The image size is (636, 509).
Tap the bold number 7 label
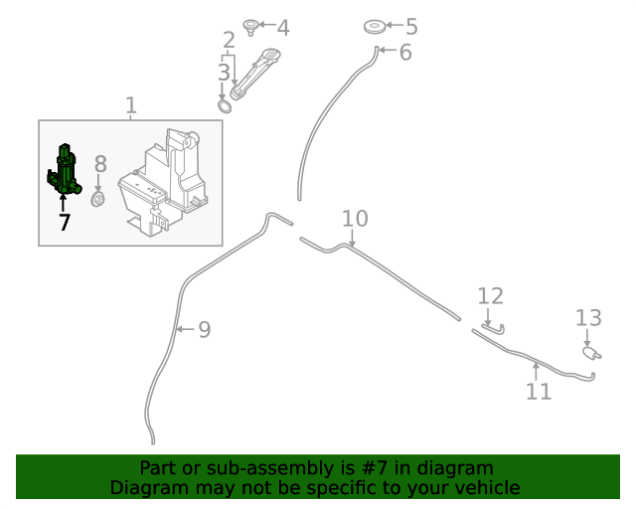pyautogui.click(x=65, y=223)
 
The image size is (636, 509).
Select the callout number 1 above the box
pyautogui.click(x=131, y=104)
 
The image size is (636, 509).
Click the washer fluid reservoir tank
pyautogui.click(x=164, y=184)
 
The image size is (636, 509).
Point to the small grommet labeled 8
pyautogui.click(x=98, y=200)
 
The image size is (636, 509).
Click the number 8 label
pyautogui.click(x=99, y=164)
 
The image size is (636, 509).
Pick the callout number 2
pyautogui.click(x=229, y=41)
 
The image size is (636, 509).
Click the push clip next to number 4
pyautogui.click(x=251, y=26)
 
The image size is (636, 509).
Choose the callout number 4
pyautogui.click(x=282, y=28)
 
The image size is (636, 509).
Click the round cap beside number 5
pyautogui.click(x=376, y=26)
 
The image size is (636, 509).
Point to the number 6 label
pyautogui.click(x=404, y=52)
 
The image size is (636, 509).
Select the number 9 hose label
pyautogui.click(x=204, y=329)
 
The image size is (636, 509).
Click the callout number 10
pyautogui.click(x=355, y=219)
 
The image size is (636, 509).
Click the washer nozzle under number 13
pyautogui.click(x=590, y=351)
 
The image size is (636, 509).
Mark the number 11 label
pyautogui.click(x=538, y=392)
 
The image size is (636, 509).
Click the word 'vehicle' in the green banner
pyautogui.click(x=484, y=487)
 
